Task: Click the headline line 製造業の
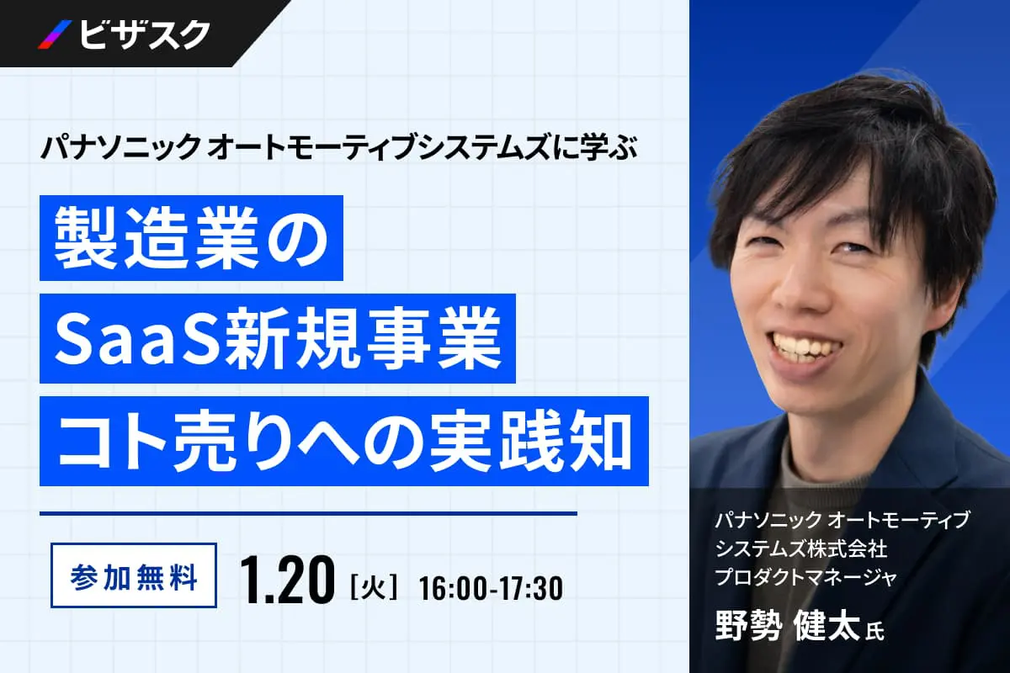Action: [x=191, y=238]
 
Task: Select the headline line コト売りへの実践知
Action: [x=344, y=443]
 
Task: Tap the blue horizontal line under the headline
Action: [x=308, y=513]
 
